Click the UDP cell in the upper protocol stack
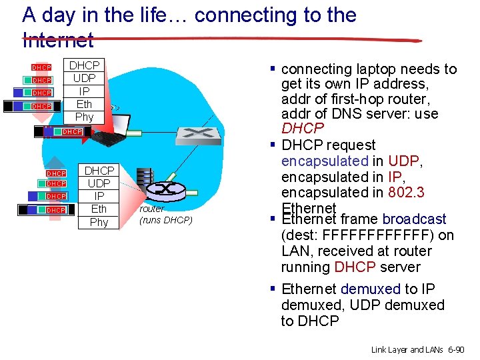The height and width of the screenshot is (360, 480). point(84,78)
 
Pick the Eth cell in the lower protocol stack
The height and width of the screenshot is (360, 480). point(99,209)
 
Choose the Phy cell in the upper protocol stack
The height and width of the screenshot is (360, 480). point(84,117)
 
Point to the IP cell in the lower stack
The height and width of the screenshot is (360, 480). point(99,196)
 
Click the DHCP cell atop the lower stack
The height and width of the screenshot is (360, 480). point(99,171)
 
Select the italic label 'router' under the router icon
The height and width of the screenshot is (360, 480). point(152,209)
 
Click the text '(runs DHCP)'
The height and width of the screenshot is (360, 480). point(165,220)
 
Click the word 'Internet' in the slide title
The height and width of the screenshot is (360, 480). point(58,40)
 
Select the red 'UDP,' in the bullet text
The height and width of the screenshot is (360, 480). point(406,161)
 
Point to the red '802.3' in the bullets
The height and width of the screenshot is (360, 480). point(407,193)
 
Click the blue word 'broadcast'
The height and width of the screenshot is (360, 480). point(414,219)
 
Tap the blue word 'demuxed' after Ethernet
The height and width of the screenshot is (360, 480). point(370,289)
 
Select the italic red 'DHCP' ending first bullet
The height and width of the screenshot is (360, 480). point(303,128)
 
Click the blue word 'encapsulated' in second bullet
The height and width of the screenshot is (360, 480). point(325,161)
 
